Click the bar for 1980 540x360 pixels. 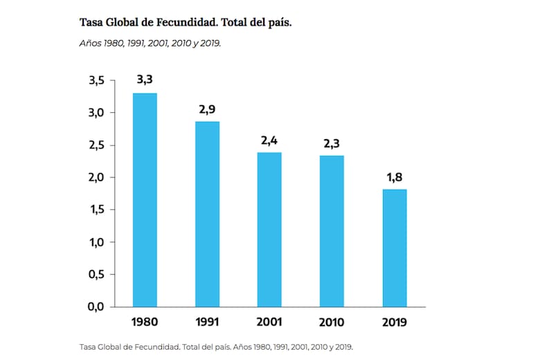(145, 199)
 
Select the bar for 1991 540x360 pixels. (207, 214)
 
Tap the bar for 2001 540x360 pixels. (269, 229)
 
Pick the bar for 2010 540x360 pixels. (332, 231)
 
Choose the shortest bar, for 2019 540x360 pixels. (394, 248)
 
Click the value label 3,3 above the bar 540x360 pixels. (145, 80)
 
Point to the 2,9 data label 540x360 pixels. (207, 109)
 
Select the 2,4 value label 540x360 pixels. (269, 140)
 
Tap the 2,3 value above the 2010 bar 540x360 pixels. (332, 143)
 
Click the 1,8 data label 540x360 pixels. (394, 177)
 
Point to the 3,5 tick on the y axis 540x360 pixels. (96, 80)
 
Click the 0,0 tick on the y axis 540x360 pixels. (96, 307)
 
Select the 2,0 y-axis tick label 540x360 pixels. (96, 177)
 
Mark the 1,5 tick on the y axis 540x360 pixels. (96, 210)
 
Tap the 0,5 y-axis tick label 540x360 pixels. (96, 274)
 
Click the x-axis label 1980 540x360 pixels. (145, 322)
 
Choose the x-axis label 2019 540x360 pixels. (394, 322)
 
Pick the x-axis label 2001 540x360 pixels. (269, 322)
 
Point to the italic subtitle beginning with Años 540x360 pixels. (150, 42)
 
